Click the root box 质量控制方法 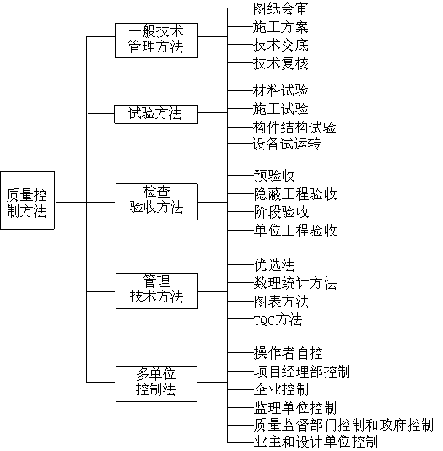tap(27, 200)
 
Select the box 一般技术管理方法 tap(156, 41)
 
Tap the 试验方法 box tap(156, 114)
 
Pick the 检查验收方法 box tap(157, 202)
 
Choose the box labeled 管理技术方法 tap(157, 291)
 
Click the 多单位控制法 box tap(156, 383)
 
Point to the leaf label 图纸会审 tap(280, 8)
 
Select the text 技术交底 tap(281, 45)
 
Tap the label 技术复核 tap(281, 63)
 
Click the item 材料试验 tap(281, 90)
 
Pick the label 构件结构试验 tap(294, 128)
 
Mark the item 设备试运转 tap(287, 144)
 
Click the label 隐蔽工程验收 tap(295, 194)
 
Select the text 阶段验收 tap(282, 212)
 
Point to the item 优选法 tap(274, 265)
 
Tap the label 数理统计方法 tap(295, 283)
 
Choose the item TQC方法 tap(278, 319)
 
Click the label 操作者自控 tap(288, 353)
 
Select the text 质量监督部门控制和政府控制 tap(343, 425)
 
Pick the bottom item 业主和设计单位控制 tap(316, 442)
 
